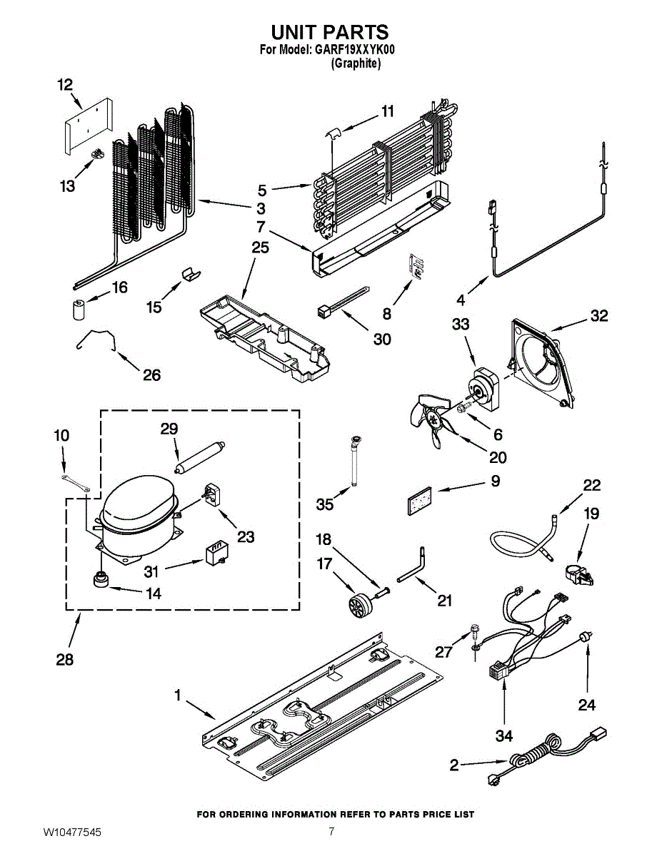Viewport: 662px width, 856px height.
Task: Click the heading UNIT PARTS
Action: coord(330,31)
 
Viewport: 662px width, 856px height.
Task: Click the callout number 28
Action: coord(65,660)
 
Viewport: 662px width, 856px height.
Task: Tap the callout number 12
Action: coord(66,85)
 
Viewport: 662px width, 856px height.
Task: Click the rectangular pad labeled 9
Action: coord(419,501)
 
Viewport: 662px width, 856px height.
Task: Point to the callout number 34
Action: coord(504,735)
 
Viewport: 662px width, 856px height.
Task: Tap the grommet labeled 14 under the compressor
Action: coord(101,579)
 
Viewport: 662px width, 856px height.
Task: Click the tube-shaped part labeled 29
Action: coord(200,456)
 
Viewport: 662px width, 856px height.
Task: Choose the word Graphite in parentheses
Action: coord(356,63)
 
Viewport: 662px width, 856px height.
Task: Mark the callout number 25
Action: coord(260,248)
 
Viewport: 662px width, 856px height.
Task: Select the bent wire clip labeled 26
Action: coord(97,339)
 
